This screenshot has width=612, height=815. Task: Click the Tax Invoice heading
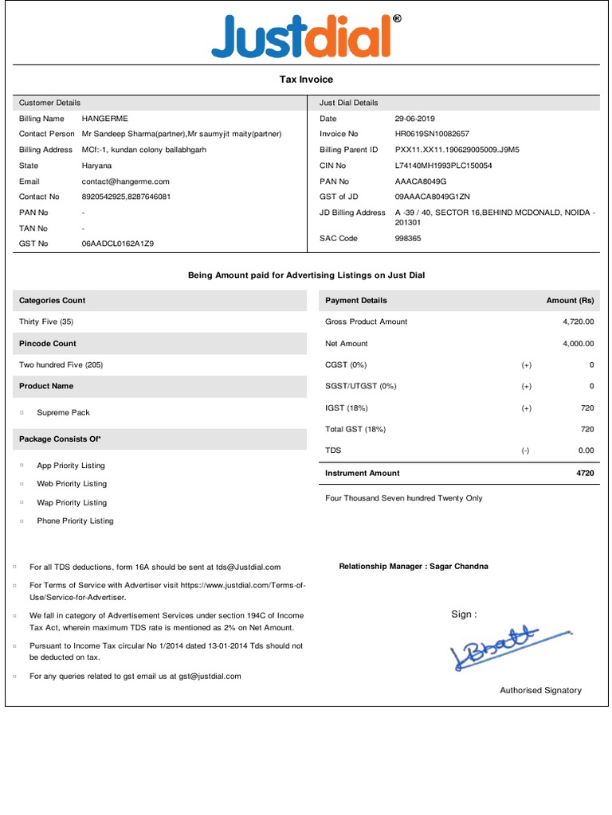[x=306, y=80]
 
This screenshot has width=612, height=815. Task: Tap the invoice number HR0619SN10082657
[x=432, y=134]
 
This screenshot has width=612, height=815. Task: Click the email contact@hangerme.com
[x=125, y=181]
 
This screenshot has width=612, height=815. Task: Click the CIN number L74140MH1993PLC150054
[x=443, y=166]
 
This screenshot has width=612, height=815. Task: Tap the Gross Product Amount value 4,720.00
[x=578, y=322]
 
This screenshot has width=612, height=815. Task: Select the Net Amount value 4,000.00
[x=578, y=344]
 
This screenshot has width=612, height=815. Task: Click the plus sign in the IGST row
[x=526, y=408]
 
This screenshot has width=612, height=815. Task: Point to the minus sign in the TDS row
[x=525, y=450]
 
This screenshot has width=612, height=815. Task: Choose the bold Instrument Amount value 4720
[x=585, y=473]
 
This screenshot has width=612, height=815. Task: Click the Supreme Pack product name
[x=63, y=412]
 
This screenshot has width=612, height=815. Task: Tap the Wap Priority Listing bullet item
[x=72, y=502]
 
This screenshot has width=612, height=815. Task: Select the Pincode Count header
[x=48, y=344]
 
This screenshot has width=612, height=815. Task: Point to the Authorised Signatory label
[x=540, y=690]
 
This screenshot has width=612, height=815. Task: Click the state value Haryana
[x=96, y=166]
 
